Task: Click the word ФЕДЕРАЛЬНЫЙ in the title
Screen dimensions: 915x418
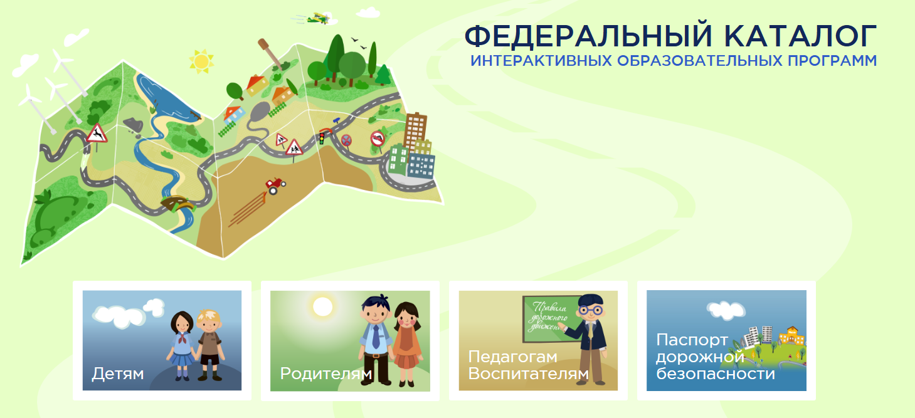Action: (588, 36)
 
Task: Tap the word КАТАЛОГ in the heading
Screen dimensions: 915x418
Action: (800, 36)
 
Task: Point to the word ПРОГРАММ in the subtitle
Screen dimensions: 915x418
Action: (832, 61)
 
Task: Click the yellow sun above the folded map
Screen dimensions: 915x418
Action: (201, 61)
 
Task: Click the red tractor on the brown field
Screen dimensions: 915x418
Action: (275, 185)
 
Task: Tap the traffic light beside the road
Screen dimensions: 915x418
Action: (322, 138)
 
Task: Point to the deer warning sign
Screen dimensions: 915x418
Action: (97, 133)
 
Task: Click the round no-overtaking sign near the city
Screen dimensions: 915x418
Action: (378, 138)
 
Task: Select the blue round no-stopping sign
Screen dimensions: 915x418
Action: (346, 140)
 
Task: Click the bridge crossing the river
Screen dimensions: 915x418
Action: (177, 203)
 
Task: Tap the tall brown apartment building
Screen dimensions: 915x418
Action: (415, 130)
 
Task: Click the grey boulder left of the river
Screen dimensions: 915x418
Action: (133, 124)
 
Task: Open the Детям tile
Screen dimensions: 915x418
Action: (162, 340)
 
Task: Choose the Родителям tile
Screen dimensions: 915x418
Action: (350, 341)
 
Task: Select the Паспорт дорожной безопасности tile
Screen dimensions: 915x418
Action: (726, 340)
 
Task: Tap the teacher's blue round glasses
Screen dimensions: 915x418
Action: (591, 310)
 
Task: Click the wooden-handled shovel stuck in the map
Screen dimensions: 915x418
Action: (270, 54)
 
